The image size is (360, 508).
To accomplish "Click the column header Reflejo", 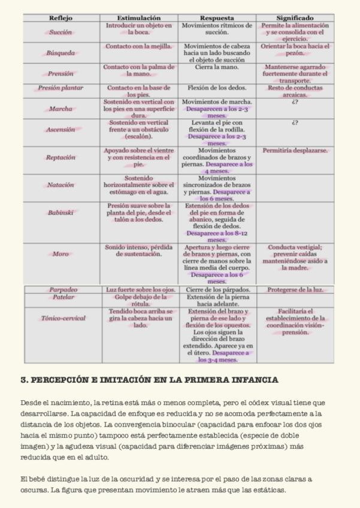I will (x=60, y=19).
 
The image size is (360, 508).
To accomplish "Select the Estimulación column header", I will (x=139, y=19).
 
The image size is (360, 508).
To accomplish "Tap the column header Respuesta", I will (x=217, y=19).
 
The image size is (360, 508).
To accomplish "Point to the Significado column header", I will (x=295, y=19).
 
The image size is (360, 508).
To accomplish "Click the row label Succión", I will (x=60, y=32).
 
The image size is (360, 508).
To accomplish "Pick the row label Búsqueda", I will (x=60, y=53).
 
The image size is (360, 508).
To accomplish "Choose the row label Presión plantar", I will (x=60, y=88).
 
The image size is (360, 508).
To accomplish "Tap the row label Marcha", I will (x=60, y=109).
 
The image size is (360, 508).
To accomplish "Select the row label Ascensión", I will (x=60, y=129).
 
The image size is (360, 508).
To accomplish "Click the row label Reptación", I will (x=60, y=158).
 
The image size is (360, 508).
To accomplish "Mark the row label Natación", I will (x=60, y=185).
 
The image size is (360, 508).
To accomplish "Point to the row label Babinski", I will (x=60, y=213).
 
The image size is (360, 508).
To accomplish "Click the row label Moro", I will (x=60, y=254).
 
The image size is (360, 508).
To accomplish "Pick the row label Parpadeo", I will (x=63, y=290).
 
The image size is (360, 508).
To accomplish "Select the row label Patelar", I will (x=63, y=297).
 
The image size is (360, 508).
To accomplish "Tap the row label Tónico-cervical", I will (x=63, y=318).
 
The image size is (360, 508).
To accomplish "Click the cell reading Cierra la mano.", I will (x=217, y=68).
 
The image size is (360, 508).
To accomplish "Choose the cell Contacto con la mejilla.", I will (x=139, y=46).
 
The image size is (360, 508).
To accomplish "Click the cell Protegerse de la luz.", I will (x=295, y=290).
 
